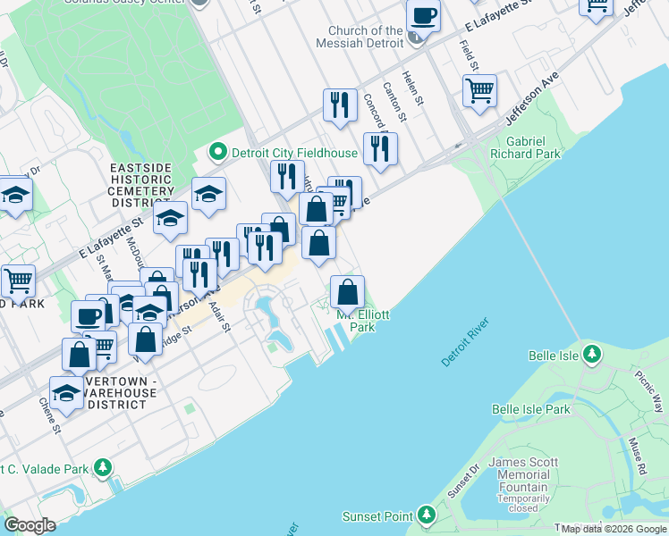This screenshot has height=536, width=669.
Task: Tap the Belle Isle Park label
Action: [x=530, y=409]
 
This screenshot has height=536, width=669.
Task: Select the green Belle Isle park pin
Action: [x=591, y=355]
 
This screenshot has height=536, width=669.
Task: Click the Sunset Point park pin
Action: [x=427, y=515]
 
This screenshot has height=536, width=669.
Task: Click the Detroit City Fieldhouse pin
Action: [x=217, y=153]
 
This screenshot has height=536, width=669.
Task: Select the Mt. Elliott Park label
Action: [x=362, y=321]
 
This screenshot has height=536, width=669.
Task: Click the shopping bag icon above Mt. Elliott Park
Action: [x=348, y=292]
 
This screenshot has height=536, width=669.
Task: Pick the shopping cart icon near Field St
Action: [x=480, y=90]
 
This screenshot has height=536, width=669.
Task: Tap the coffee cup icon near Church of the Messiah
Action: [x=423, y=15]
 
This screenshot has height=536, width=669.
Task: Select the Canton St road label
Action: [x=394, y=102]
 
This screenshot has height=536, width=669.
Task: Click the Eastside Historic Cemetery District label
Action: [x=142, y=185]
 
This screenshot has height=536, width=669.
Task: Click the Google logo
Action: [x=30, y=525]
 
